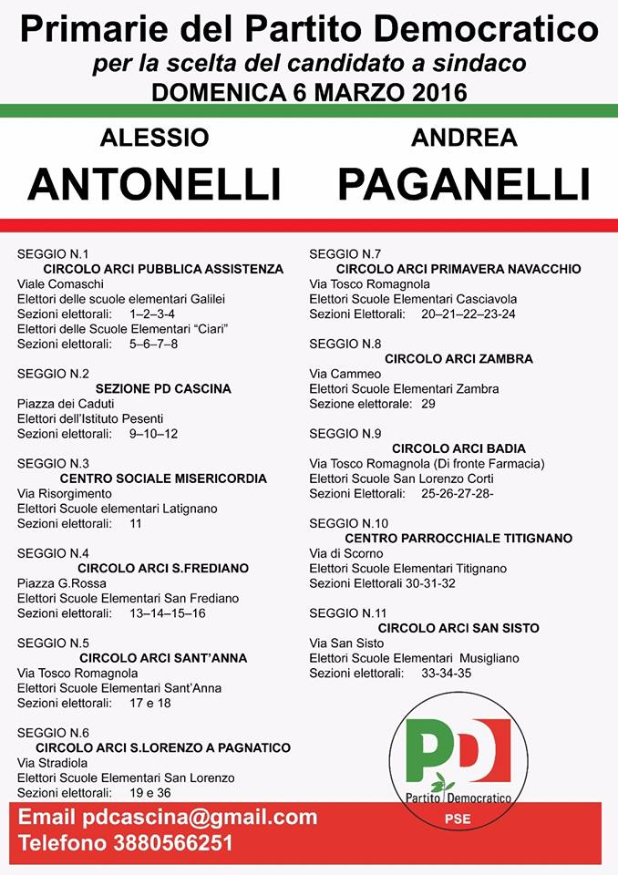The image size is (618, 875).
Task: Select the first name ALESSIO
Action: [x=154, y=138]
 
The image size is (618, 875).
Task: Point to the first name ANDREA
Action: [x=464, y=138]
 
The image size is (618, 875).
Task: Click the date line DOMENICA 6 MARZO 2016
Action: [x=309, y=92]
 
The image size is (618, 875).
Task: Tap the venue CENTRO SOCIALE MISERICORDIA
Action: [x=163, y=478]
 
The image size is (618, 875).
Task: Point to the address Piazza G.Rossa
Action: [x=62, y=583]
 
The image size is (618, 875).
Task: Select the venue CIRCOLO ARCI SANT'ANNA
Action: [x=163, y=657]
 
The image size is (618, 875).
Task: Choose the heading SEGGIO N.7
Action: [x=345, y=253]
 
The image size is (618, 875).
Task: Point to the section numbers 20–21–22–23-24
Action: [x=468, y=314]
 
